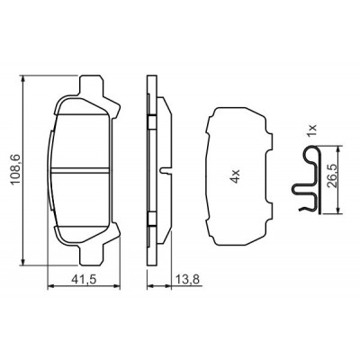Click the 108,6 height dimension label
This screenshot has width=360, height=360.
(x=15, y=170)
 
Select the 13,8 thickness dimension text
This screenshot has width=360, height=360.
(x=187, y=280)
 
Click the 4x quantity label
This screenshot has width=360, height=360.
(x=236, y=175)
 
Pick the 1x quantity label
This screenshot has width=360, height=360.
(x=312, y=131)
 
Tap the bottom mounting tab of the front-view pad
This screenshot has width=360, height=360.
(x=92, y=255)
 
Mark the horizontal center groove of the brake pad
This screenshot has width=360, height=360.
(x=80, y=170)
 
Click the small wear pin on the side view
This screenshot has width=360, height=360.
(x=165, y=170)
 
